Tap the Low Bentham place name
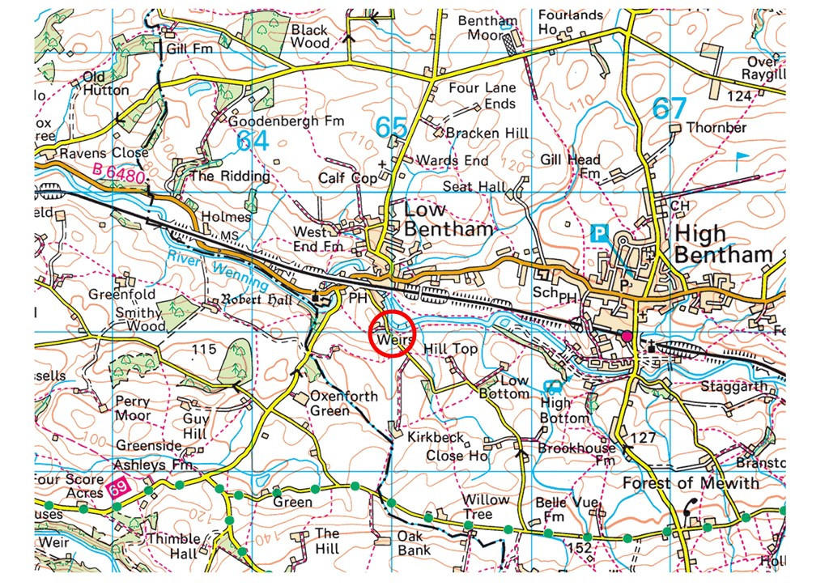[448, 219]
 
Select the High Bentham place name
[723, 244]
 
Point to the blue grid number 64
[252, 139]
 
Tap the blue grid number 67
[669, 108]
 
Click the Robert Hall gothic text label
[261, 299]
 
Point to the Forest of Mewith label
[691, 483]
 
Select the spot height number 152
[580, 548]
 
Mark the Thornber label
[716, 127]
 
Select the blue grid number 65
[392, 128]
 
